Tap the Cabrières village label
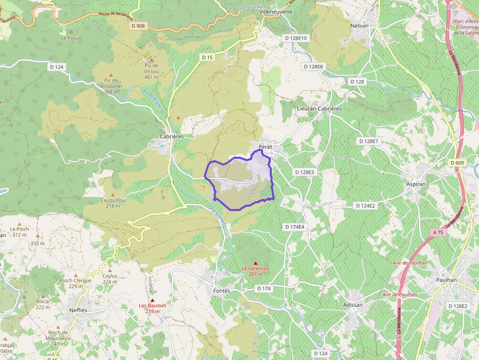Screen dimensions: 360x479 tap(172, 137)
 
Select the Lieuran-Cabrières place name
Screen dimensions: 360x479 tap(319, 108)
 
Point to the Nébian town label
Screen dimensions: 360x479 tap(359, 25)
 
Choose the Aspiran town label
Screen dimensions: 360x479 tap(416, 184)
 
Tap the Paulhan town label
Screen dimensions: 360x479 tap(446, 280)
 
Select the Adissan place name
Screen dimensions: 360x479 tap(353, 305)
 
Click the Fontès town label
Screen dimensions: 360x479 tap(221, 291)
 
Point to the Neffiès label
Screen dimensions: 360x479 tap(78, 310)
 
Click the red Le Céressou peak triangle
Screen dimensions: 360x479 tap(255, 263)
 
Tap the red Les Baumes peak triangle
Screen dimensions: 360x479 tap(152, 300)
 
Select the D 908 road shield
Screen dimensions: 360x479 tap(139, 25)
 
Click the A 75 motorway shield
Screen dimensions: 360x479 tap(438, 233)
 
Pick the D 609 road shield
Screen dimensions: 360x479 tap(457, 163)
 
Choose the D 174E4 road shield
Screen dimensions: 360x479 tap(294, 227)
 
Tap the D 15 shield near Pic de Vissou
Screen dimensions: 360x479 tap(208, 57)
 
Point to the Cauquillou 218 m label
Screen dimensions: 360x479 tap(113, 203)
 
